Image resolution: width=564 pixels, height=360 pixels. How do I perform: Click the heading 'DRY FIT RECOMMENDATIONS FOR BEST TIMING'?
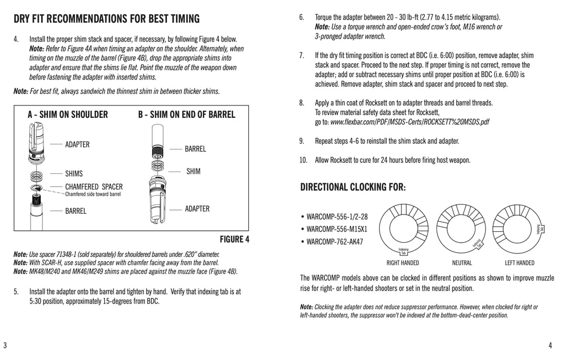coord(107,19)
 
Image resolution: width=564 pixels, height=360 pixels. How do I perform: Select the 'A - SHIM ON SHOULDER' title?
coord(68,115)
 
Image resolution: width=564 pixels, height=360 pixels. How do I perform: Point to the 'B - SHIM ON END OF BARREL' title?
coord(187,115)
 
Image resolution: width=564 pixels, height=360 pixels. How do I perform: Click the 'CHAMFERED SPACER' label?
coord(94,186)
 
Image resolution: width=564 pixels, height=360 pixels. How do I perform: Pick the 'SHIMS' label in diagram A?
coord(74,174)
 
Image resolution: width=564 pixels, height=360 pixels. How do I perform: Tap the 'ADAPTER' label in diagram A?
coord(77,144)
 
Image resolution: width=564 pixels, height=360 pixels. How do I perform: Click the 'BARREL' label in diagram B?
coord(195,149)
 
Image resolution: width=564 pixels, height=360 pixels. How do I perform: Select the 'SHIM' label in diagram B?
coord(193,171)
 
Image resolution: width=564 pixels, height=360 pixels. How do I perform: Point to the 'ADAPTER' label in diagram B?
coord(197,209)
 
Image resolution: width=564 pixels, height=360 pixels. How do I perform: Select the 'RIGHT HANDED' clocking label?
coord(403,263)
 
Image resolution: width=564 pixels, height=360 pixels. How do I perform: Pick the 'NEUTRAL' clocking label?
coord(462,263)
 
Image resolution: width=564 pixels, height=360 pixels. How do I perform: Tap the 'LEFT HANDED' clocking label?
coord(519,263)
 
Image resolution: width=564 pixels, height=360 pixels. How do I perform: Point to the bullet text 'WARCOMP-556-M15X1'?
coord(337,229)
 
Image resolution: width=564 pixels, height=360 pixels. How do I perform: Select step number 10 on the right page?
coord(303,160)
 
